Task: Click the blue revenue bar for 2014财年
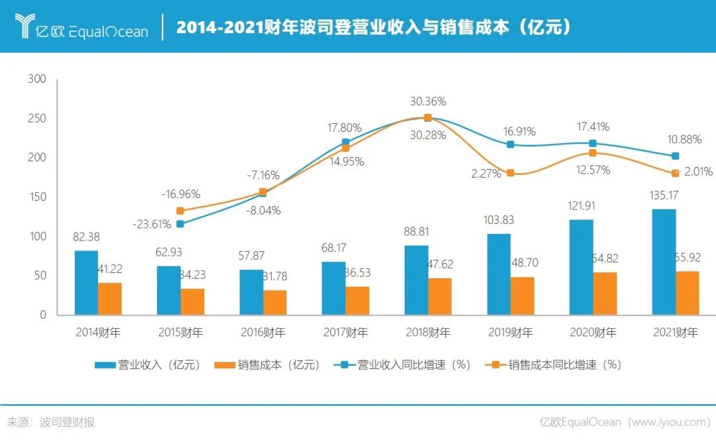coord(86,283)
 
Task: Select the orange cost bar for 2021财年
coord(687,293)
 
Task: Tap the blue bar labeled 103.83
coord(499,274)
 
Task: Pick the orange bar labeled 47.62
coord(440,296)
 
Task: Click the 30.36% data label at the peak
coord(428,102)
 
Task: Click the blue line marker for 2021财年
coord(676,156)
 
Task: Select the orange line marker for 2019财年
coord(510,173)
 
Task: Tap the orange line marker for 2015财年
coord(180,211)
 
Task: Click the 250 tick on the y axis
coord(38,119)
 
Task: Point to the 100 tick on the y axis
coord(38,237)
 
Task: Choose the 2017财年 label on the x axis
coord(345,332)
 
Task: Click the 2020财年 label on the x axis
coord(593,332)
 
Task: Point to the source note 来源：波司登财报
coord(51,422)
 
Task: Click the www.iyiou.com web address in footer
coord(669,422)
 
